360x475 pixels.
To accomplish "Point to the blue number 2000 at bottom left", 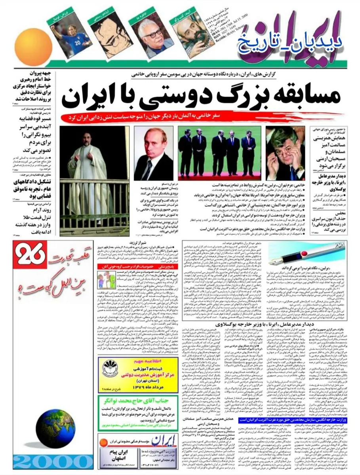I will (51, 464).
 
